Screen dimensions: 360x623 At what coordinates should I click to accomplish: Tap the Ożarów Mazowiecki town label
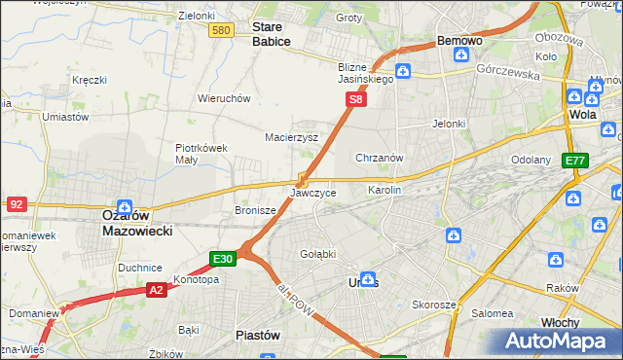[x=137, y=223]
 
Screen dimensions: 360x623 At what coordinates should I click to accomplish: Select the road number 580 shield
[x=222, y=31]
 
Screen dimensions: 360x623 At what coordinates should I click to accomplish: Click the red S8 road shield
[x=357, y=99]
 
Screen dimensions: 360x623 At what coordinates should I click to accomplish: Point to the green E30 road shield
[x=223, y=258]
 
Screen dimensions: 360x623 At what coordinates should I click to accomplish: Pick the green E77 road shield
[x=575, y=161]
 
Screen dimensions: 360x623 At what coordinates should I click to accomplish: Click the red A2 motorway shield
[x=157, y=289]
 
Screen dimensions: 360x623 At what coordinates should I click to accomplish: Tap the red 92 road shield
[x=16, y=203]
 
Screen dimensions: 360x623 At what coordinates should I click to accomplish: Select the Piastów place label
[x=258, y=335]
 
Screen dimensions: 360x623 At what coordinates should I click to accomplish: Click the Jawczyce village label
[x=313, y=193]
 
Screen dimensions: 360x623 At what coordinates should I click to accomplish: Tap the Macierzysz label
[x=292, y=137]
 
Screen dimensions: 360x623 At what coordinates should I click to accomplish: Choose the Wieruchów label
[x=225, y=98]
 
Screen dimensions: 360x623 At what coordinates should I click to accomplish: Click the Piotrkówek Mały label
[x=202, y=154]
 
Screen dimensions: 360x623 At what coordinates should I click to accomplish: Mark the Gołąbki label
[x=317, y=254]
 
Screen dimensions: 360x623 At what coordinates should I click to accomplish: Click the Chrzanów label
[x=380, y=157]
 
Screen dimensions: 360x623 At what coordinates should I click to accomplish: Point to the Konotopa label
[x=196, y=279]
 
